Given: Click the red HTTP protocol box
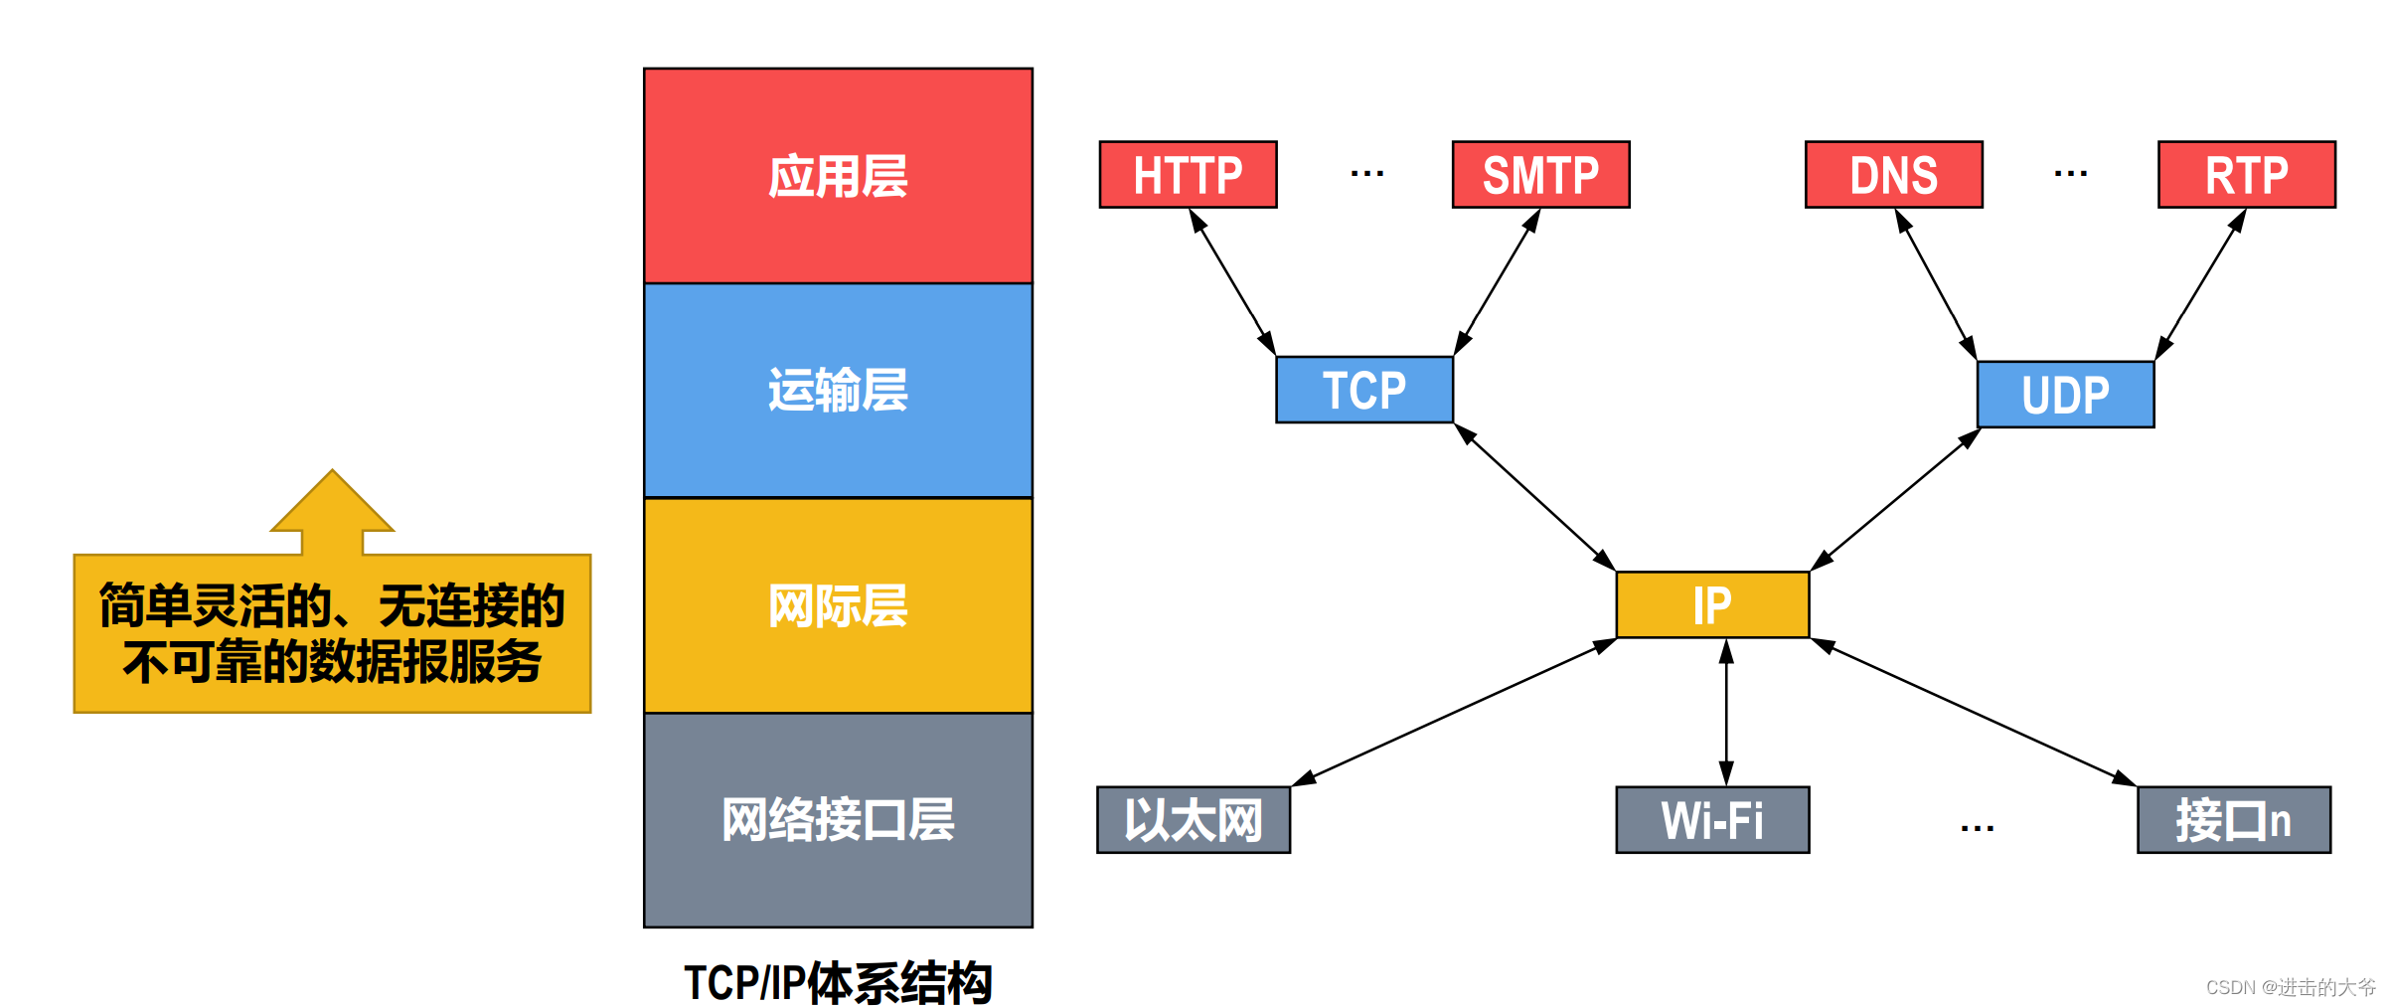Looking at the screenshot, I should (x=1188, y=175).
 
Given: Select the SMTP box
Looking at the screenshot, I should (x=1540, y=175).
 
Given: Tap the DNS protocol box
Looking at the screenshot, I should (x=1893, y=175).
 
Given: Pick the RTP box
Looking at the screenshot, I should (x=2246, y=175).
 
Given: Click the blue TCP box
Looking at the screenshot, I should (x=1364, y=390).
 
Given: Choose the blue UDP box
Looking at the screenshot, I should (x=2065, y=395).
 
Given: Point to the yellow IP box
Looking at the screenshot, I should (x=1712, y=604).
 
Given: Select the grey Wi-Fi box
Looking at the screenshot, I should (x=1712, y=820).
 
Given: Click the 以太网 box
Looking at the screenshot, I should (x=1194, y=820).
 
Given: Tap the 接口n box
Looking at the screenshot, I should (x=2233, y=820).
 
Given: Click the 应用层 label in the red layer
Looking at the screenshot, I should (x=838, y=177).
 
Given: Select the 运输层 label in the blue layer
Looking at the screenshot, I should (x=838, y=390).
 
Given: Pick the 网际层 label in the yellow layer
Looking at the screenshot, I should (x=838, y=605).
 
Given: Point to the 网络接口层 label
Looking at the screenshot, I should (x=838, y=820).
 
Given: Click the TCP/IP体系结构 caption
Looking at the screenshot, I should (x=838, y=982).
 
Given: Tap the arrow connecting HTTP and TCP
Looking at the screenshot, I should (x=1232, y=282).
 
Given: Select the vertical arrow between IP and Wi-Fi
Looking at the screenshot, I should (x=1726, y=712).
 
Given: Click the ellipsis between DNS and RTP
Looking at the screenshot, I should (x=2070, y=174).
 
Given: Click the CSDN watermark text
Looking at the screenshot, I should (x=2290, y=987).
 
